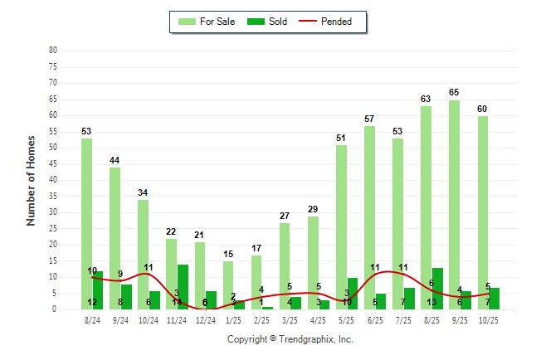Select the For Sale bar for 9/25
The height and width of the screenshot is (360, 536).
[x=454, y=204]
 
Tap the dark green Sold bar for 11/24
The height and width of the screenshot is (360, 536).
[x=183, y=286]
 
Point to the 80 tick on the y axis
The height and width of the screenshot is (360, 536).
[x=53, y=50]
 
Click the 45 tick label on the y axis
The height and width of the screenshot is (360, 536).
[x=53, y=163]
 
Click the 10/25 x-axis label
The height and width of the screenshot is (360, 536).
[x=488, y=319]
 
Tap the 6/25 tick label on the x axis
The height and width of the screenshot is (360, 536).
[x=375, y=319]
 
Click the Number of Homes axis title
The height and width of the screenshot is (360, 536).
[x=31, y=180]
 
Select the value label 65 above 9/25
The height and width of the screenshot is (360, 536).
[x=454, y=92]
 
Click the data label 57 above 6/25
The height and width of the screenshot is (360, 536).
[x=369, y=119]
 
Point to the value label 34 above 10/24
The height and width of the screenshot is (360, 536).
[x=143, y=192]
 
